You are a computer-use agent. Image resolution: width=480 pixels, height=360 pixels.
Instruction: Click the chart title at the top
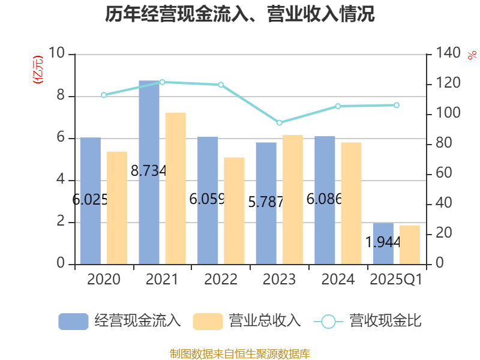tap(240, 14)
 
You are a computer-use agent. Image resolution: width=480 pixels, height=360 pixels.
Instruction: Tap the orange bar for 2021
tap(176, 188)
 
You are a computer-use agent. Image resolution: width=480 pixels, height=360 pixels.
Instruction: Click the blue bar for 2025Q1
tap(383, 243)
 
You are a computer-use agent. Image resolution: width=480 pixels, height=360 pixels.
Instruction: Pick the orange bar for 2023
tap(293, 199)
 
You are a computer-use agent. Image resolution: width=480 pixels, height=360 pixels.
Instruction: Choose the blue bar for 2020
tap(90, 201)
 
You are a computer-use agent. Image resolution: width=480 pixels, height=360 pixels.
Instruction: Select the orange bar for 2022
tap(235, 211)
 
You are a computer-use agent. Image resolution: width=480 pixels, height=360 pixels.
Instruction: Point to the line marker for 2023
tap(279, 122)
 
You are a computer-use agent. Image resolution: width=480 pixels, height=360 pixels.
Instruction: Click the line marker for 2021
tap(162, 82)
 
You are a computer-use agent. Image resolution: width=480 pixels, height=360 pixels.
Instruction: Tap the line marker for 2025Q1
tap(396, 105)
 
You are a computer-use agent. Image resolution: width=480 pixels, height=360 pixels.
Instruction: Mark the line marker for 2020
tap(103, 95)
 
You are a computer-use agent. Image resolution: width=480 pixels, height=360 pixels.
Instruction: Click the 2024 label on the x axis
tap(338, 280)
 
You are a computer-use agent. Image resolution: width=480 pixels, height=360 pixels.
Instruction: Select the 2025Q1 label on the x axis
tap(396, 280)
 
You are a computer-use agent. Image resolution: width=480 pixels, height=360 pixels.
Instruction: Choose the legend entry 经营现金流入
tap(120, 321)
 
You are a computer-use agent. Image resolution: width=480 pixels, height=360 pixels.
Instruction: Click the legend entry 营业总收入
tap(247, 321)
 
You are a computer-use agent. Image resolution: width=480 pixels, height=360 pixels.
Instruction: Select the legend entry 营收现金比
tap(368, 321)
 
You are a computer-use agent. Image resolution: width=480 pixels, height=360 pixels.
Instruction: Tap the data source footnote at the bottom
tap(240, 353)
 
